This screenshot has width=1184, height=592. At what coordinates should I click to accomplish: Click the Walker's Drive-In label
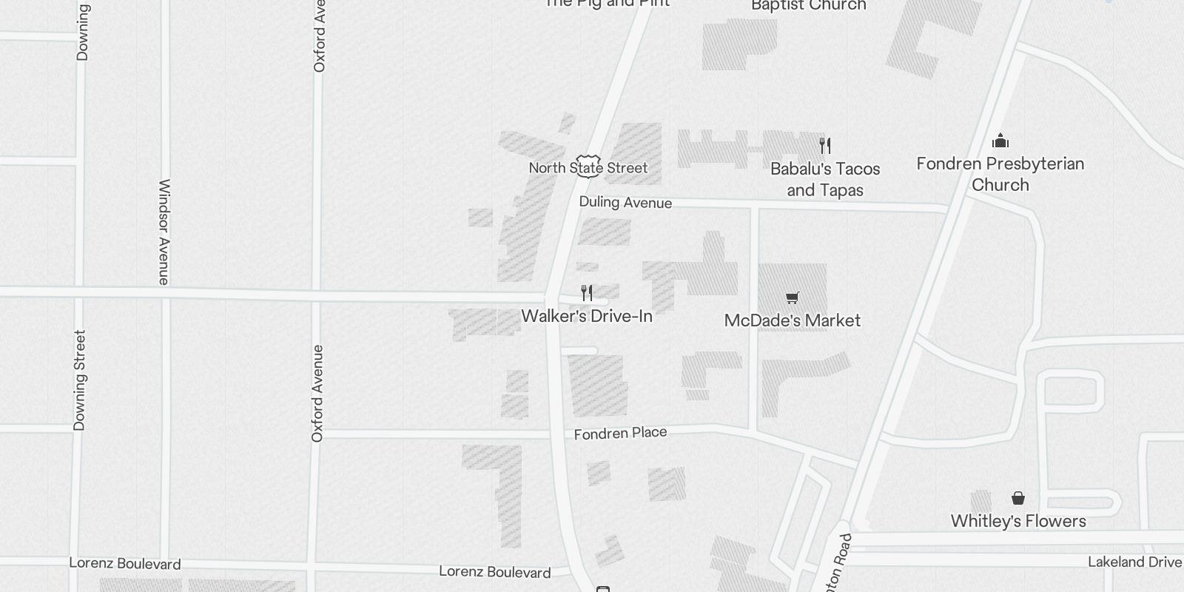(587, 317)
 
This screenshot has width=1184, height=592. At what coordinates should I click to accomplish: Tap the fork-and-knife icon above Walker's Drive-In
(587, 294)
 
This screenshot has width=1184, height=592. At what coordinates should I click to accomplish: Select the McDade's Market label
(793, 320)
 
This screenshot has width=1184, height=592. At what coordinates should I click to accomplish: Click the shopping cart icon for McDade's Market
(793, 298)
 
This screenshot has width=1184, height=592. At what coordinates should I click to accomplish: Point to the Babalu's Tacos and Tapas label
(825, 179)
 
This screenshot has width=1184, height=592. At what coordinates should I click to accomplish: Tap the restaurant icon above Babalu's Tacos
(825, 146)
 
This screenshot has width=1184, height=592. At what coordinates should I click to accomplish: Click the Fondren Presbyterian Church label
(1000, 174)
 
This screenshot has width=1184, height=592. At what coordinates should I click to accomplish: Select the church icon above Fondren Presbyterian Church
(1000, 141)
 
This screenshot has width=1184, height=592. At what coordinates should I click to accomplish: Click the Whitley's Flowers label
(1018, 521)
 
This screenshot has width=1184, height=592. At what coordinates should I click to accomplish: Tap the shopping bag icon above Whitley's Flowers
(1018, 498)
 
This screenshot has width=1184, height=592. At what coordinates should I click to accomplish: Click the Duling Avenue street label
(625, 203)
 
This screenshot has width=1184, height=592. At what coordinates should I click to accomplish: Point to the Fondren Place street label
(620, 433)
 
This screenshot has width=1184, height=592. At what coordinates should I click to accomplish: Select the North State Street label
(588, 168)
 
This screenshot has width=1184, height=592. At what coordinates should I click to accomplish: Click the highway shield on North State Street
(588, 165)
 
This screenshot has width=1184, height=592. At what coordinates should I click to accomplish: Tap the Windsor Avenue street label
(164, 232)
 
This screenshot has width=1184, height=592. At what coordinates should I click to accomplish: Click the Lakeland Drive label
(1134, 562)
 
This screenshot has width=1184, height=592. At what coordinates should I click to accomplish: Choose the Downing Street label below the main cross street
(79, 380)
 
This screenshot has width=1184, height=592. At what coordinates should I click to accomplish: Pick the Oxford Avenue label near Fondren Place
(317, 394)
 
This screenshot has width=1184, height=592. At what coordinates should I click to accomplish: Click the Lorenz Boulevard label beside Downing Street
(124, 564)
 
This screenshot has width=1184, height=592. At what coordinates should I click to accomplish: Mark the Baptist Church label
(808, 6)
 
